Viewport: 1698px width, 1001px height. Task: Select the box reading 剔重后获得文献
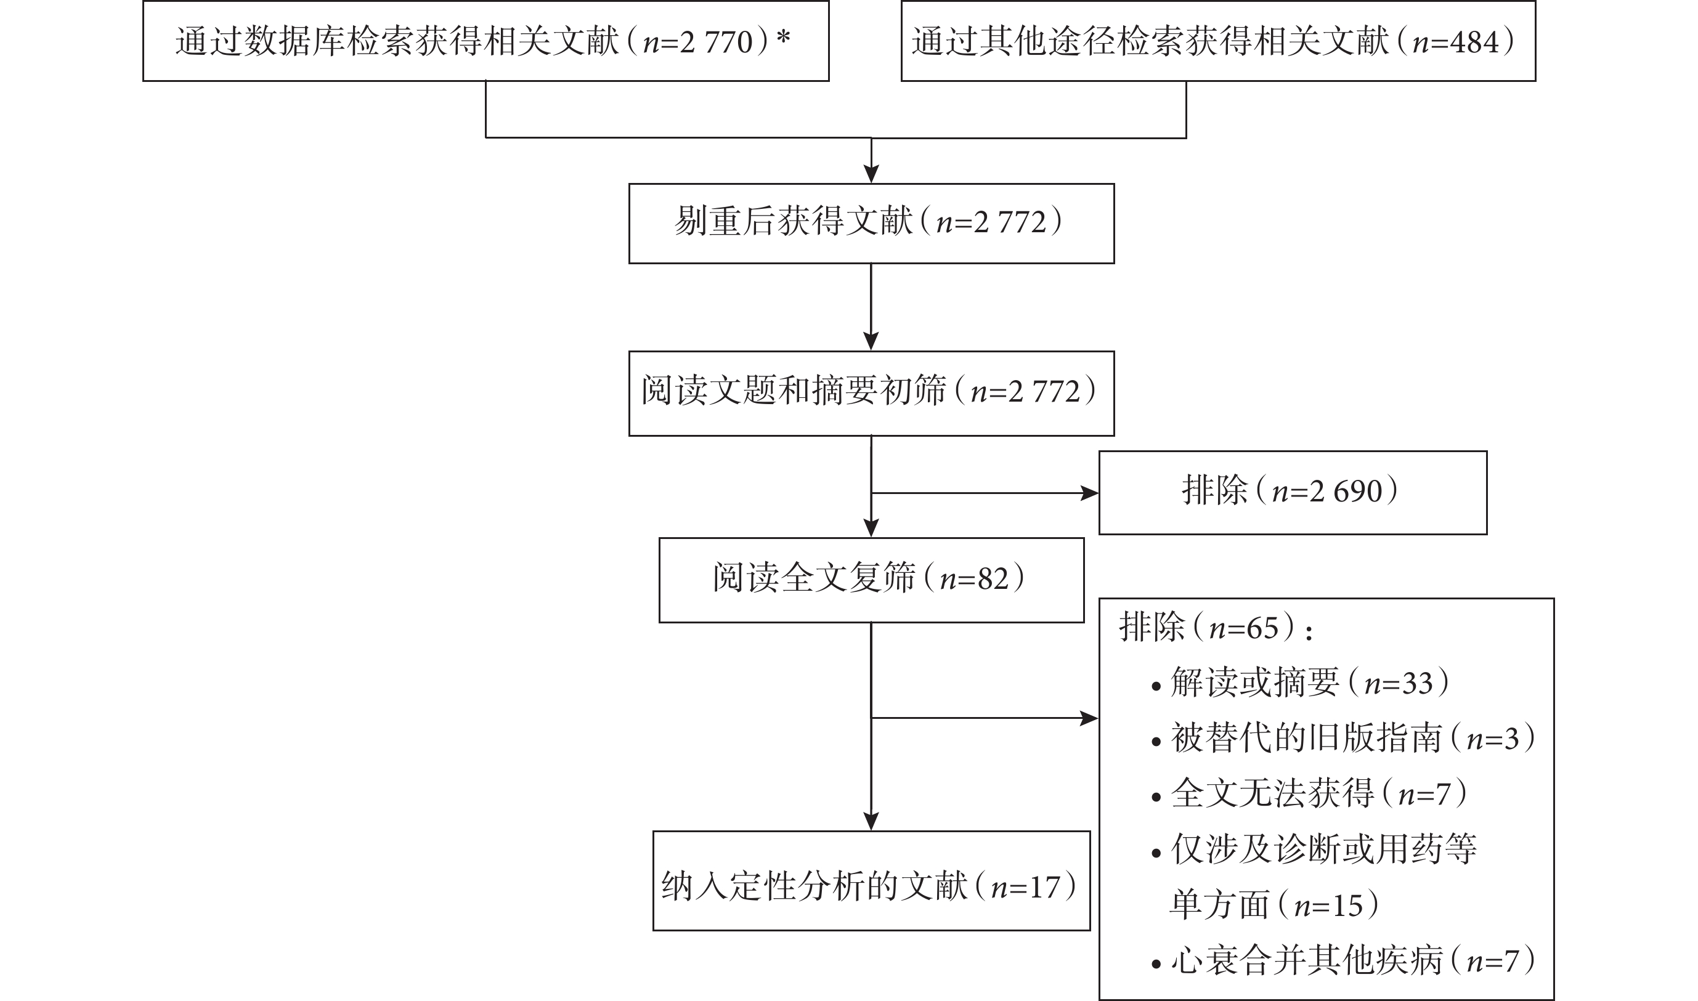[x=872, y=223]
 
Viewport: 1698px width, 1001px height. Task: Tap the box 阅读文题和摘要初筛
[x=872, y=393]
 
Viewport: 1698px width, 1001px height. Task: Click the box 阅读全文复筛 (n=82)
[x=872, y=580]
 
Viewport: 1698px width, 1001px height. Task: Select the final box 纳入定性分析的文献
[x=872, y=881]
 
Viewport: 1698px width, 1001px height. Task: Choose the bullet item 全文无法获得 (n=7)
[x=1309, y=793]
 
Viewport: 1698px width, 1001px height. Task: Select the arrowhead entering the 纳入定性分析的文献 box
[x=871, y=822]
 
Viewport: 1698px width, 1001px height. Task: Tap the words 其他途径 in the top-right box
[x=1047, y=41]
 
